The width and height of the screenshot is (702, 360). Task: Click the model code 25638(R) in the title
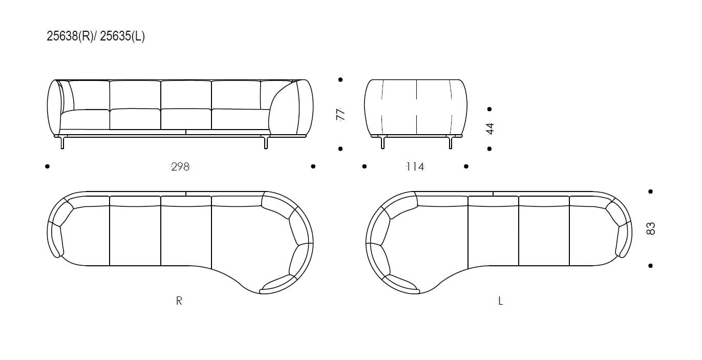pos(70,36)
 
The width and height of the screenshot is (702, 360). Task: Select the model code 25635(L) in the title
pos(122,36)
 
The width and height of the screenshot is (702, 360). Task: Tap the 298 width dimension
pos(180,166)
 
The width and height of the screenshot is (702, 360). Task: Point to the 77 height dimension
pos(341,114)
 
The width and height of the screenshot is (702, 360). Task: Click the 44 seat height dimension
pos(490,129)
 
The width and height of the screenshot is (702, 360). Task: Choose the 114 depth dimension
pos(415,166)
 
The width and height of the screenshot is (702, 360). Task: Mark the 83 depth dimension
pos(651,228)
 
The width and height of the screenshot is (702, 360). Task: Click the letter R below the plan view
pos(179,301)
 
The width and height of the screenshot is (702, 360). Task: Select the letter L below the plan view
pos(501,301)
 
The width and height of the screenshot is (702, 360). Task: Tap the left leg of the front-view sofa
pos(62,142)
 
